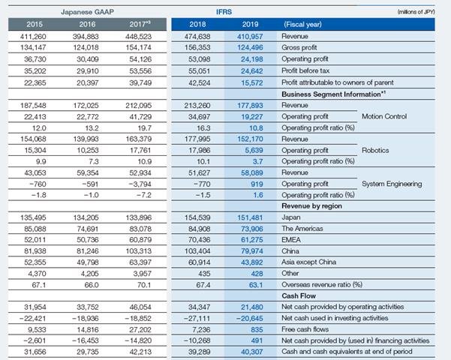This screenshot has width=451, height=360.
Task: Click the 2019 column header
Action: pos(250,25)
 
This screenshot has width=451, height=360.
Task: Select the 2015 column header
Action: pos(35,25)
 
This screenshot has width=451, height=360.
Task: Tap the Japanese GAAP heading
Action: pos(88,12)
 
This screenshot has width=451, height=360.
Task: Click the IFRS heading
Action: pos(224,12)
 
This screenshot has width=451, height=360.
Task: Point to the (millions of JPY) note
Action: pos(416,12)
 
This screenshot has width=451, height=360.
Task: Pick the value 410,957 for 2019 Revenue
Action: pos(250,37)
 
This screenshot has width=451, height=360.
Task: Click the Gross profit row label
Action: pos(299,47)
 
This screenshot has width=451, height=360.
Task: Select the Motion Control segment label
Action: pos(384,116)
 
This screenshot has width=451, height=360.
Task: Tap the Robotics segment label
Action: pos(375,151)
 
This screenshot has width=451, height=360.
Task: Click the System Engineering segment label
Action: pos(392,184)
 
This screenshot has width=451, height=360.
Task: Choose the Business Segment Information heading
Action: pos(334,94)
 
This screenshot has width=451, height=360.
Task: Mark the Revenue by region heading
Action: pos(311,206)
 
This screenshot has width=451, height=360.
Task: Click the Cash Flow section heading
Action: pos(299,296)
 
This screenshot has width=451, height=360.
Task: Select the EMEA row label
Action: pos(291,240)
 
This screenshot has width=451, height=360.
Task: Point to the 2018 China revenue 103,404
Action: pos(197,251)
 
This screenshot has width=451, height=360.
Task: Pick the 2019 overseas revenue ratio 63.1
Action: pos(256,285)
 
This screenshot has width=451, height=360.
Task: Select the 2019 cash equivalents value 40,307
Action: pos(251,352)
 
